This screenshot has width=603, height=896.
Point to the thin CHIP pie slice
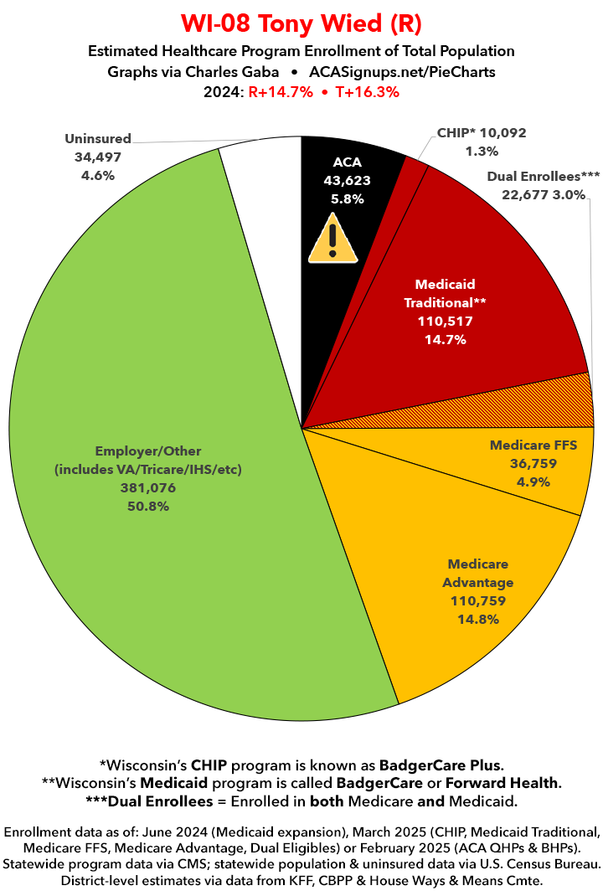click(413, 167)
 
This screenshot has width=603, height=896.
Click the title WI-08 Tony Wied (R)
click(301, 21)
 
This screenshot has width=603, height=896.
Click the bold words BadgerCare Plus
click(441, 765)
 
